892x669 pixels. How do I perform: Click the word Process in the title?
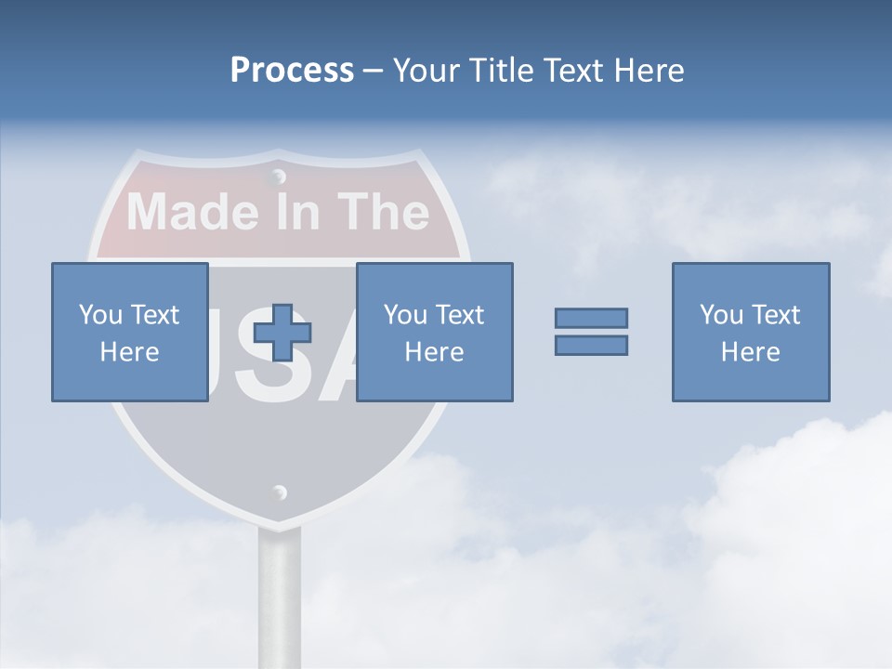click(x=292, y=71)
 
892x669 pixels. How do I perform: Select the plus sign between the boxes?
click(x=282, y=333)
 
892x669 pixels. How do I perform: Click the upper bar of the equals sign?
click(x=591, y=319)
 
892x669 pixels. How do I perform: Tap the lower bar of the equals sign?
click(x=591, y=345)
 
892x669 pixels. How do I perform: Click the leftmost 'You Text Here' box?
click(x=130, y=332)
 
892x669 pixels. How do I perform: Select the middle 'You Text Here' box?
click(x=434, y=332)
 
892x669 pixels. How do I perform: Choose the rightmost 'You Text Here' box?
click(x=751, y=332)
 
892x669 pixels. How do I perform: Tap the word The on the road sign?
click(x=383, y=211)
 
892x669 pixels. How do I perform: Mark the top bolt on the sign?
click(x=278, y=176)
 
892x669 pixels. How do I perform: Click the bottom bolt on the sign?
click(x=279, y=492)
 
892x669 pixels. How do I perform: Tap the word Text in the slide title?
click(x=573, y=71)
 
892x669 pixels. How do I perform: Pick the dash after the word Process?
click(x=373, y=71)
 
